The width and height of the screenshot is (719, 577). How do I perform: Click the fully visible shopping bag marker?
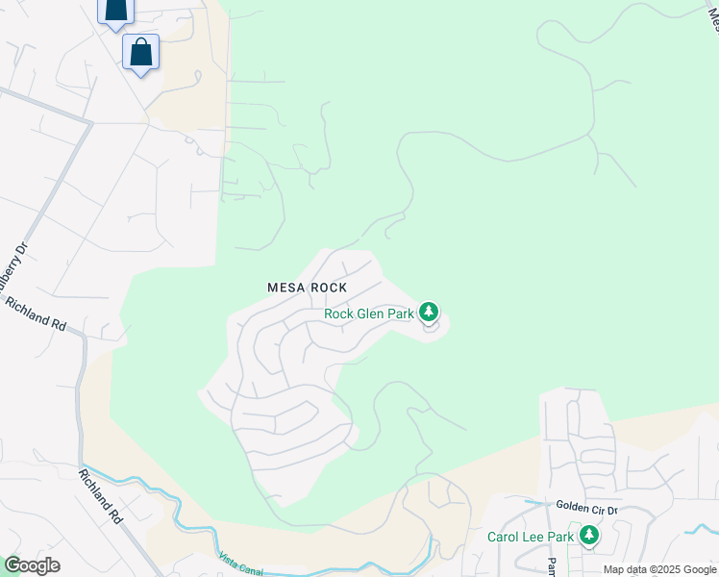[140, 54]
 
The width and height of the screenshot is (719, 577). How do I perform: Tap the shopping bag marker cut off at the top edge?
[115, 10]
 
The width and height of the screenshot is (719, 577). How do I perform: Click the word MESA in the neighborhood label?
[285, 288]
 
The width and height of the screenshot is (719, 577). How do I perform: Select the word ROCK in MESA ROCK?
[327, 288]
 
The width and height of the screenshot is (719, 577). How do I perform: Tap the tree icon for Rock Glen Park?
[429, 312]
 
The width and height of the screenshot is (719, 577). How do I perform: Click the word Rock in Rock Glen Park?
[339, 314]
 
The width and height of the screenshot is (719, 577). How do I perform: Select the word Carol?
[505, 537]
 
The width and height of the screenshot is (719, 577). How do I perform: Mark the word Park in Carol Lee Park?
[561, 537]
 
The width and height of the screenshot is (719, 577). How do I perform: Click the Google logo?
[32, 565]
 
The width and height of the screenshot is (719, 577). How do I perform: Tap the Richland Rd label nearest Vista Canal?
[101, 496]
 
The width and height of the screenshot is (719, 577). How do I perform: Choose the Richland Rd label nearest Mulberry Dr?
[36, 314]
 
